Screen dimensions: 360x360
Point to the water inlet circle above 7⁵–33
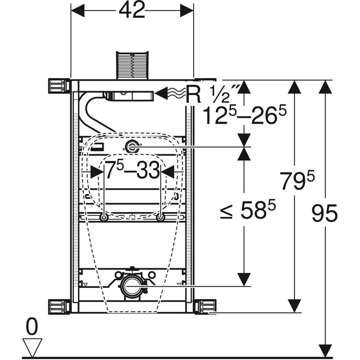(x=131, y=147)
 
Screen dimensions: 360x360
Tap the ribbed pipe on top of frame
(x=132, y=65)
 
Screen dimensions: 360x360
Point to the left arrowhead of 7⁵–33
(x=97, y=172)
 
